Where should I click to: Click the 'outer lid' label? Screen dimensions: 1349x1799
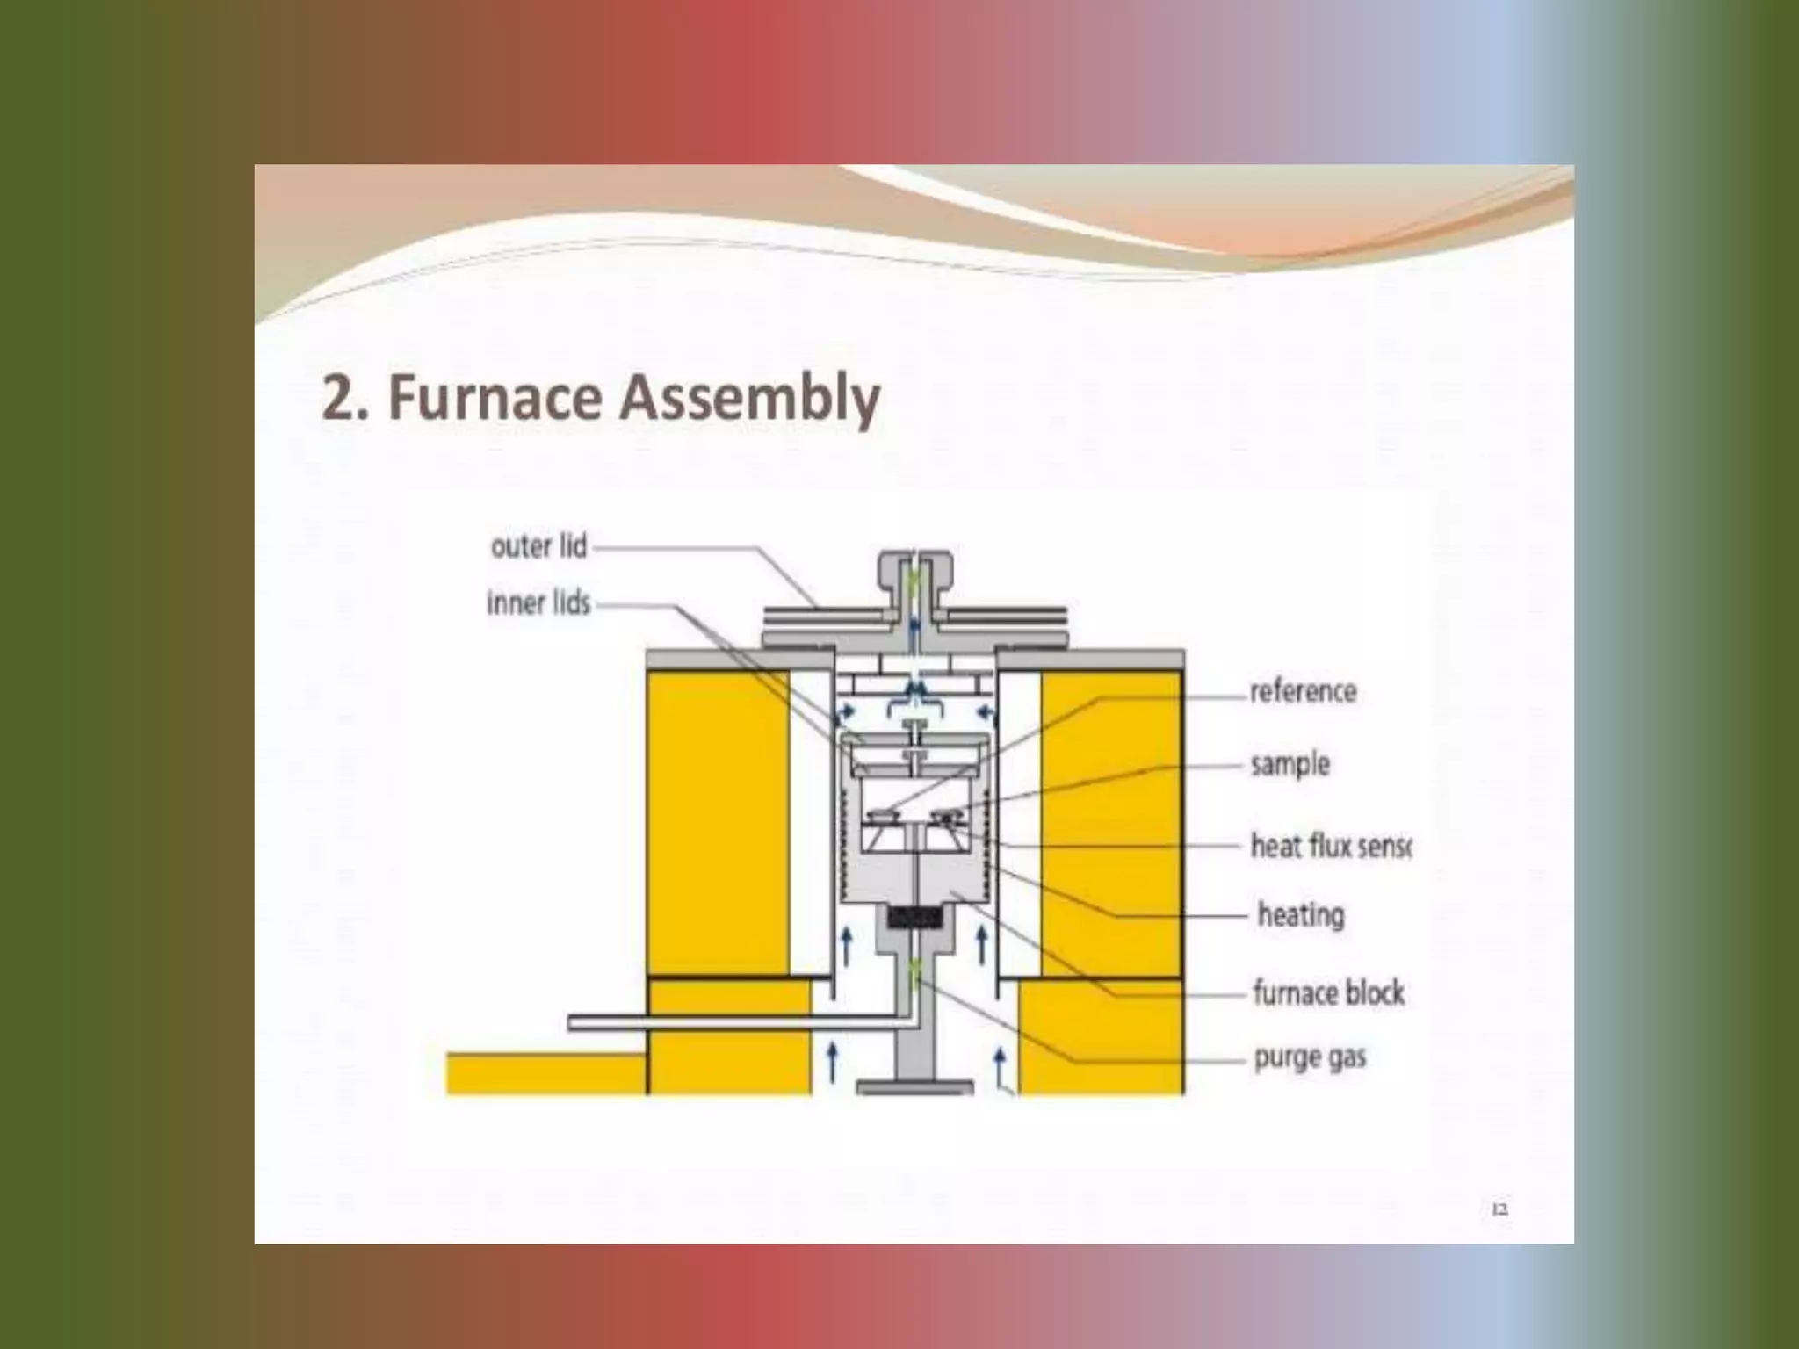(538, 547)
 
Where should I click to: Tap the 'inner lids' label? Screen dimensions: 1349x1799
(538, 604)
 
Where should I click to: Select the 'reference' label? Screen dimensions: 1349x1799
(1303, 691)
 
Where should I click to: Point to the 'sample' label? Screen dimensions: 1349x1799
(1290, 764)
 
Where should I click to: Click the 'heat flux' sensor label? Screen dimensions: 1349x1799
(1329, 846)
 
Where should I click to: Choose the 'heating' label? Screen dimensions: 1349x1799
(1300, 915)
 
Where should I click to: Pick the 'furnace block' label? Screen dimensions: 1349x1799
(1327, 993)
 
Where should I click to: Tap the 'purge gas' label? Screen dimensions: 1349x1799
(1310, 1057)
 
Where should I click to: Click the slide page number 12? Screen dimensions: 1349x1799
(1499, 1209)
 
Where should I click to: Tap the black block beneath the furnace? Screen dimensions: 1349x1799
(915, 919)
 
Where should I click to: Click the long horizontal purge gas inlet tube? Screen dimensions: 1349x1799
(738, 1022)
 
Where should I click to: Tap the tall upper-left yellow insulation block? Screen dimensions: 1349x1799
(717, 822)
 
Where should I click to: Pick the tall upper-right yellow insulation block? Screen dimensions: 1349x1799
(1110, 822)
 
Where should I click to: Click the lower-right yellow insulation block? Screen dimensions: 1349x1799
(1100, 1036)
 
